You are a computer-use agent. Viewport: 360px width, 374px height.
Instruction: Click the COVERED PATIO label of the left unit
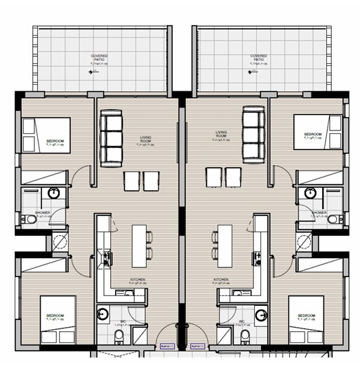click(99, 58)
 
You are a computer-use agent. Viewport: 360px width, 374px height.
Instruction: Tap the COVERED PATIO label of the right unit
click(259, 58)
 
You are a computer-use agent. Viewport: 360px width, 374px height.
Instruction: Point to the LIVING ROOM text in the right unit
click(224, 134)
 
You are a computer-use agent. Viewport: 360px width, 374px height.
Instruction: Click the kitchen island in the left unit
click(140, 243)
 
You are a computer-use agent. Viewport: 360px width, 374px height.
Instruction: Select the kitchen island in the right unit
click(225, 243)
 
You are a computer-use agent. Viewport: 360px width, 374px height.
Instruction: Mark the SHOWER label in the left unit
click(42, 212)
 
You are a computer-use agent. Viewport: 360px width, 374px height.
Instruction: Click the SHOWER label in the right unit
click(319, 212)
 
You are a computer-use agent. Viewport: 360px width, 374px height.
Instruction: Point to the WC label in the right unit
click(241, 323)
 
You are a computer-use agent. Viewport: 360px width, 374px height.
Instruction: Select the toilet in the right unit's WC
click(245, 338)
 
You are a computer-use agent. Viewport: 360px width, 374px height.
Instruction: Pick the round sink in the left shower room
click(54, 194)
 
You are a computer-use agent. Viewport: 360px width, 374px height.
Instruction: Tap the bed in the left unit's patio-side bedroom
click(46, 133)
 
